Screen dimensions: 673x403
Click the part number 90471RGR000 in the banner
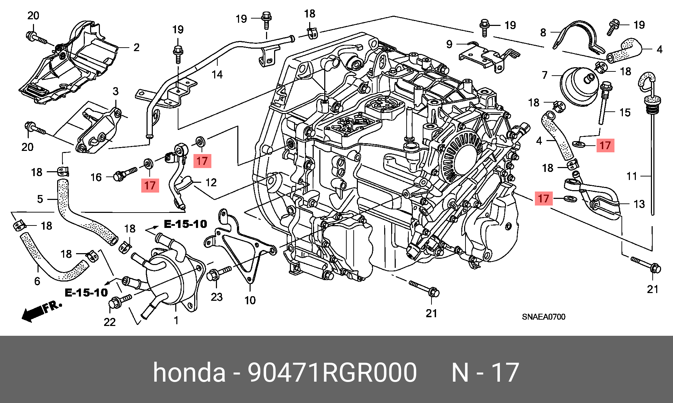click(332, 373)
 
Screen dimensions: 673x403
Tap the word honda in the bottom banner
click(189, 373)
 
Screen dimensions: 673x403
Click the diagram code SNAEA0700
click(543, 317)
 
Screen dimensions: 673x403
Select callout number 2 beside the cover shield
click(136, 47)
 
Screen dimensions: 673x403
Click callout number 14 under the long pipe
click(217, 75)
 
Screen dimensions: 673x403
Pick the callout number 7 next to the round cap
click(544, 75)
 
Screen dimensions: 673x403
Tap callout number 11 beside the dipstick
click(632, 176)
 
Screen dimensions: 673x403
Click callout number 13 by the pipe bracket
click(639, 204)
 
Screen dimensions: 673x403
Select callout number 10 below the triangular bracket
click(250, 300)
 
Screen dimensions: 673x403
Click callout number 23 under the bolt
click(217, 297)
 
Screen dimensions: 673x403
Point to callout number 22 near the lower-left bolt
click(110, 322)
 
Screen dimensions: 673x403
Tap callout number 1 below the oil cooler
click(176, 320)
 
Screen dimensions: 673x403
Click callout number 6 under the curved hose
click(37, 281)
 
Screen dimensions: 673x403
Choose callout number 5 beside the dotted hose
click(40, 199)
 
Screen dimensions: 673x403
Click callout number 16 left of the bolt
click(96, 177)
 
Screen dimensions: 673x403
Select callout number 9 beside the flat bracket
click(449, 44)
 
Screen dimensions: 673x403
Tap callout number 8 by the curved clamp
click(543, 32)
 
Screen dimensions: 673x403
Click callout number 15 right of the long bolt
click(625, 112)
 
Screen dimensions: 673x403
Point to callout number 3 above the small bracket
click(116, 91)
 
